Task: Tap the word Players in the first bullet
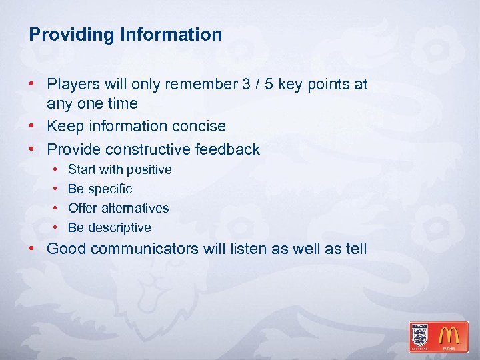tap(73, 85)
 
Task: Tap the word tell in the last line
tap(356, 249)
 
